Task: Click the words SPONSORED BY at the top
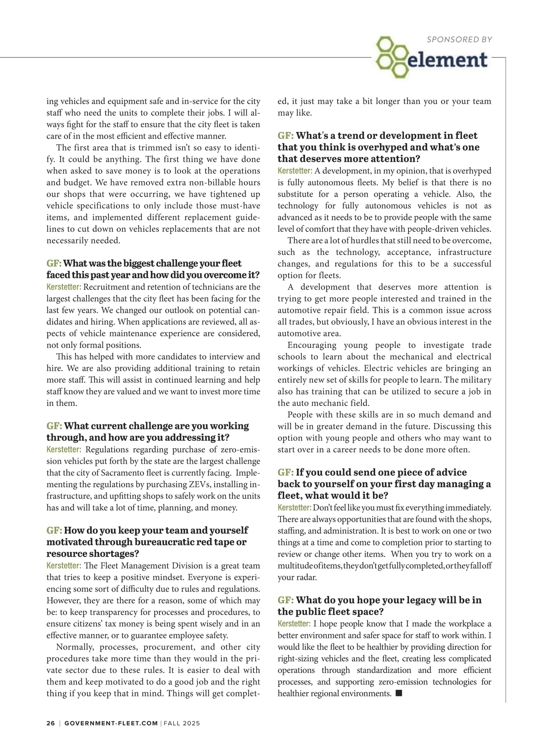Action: pyautogui.click(x=459, y=40)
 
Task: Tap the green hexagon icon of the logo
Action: pyautogui.click(x=391, y=58)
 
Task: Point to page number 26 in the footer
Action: pyautogui.click(x=50, y=723)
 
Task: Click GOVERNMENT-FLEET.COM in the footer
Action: pyautogui.click(x=111, y=723)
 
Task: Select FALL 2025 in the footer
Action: pyautogui.click(x=182, y=723)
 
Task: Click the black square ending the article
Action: pyautogui.click(x=398, y=694)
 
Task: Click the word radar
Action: pyautogui.click(x=306, y=578)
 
